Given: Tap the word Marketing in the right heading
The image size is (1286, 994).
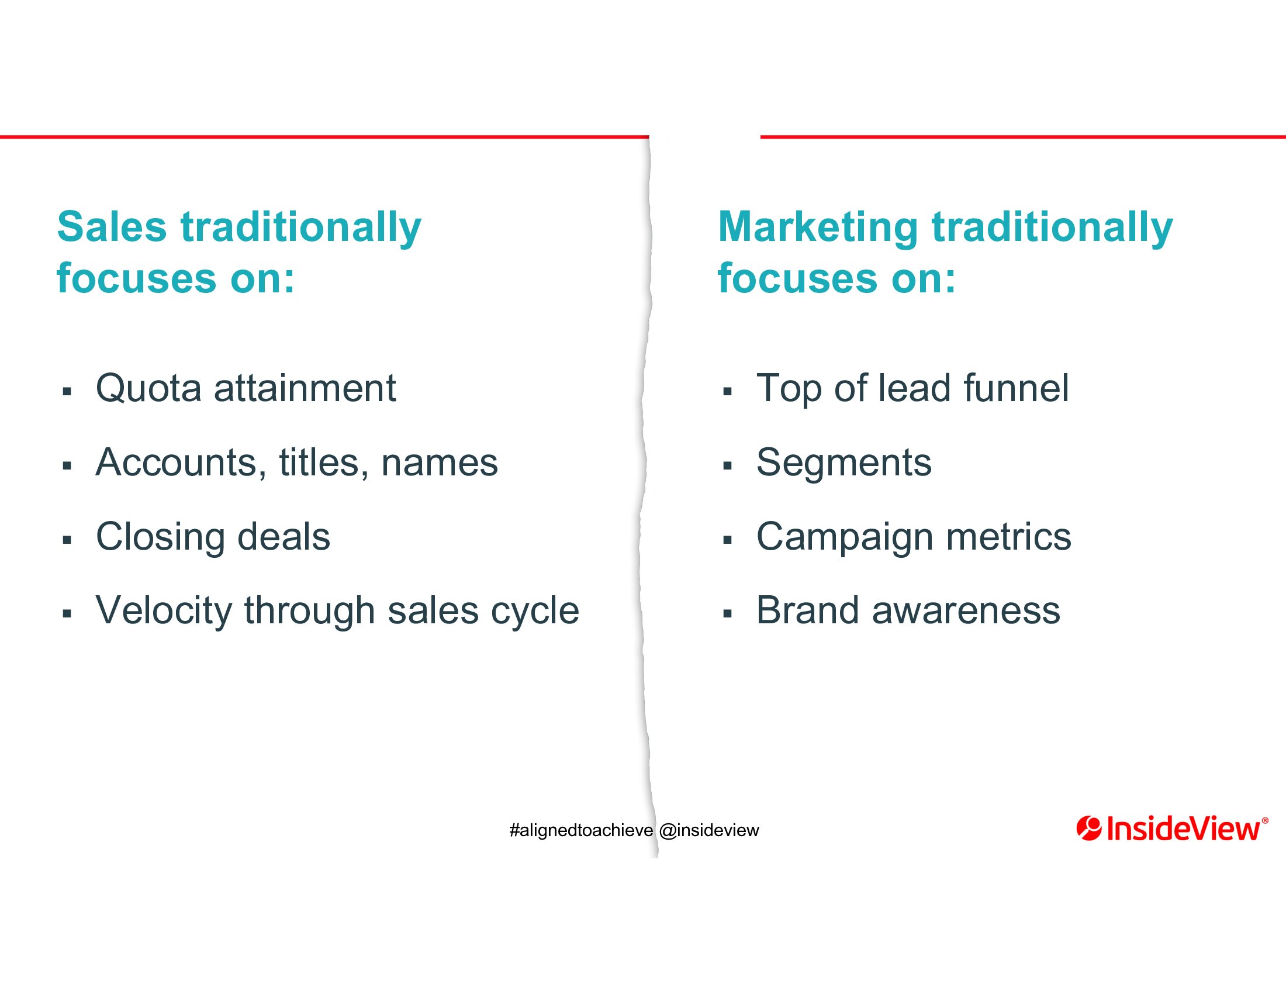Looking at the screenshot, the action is pyautogui.click(x=818, y=229).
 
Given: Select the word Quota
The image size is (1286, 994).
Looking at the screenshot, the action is pyautogui.click(x=149, y=389).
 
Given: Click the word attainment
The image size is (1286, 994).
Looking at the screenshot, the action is pyautogui.click(x=305, y=389).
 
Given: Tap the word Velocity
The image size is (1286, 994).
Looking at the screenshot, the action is pyautogui.click(x=164, y=611).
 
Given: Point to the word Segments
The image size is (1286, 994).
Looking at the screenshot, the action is pyautogui.click(x=843, y=464).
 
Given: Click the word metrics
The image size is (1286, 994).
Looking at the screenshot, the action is pyautogui.click(x=1009, y=537).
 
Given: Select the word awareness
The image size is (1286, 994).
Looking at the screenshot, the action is pyautogui.click(x=966, y=611).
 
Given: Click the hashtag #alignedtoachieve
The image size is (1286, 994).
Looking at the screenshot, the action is pyautogui.click(x=581, y=830).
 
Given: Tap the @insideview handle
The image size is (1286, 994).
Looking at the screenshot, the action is pyautogui.click(x=710, y=830).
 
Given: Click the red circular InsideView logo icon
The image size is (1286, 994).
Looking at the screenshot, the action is pyautogui.click(x=1089, y=829).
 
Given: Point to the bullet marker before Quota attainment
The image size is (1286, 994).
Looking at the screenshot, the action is pyautogui.click(x=67, y=391).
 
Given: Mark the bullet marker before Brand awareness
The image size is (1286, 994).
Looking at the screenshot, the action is pyautogui.click(x=727, y=614).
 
